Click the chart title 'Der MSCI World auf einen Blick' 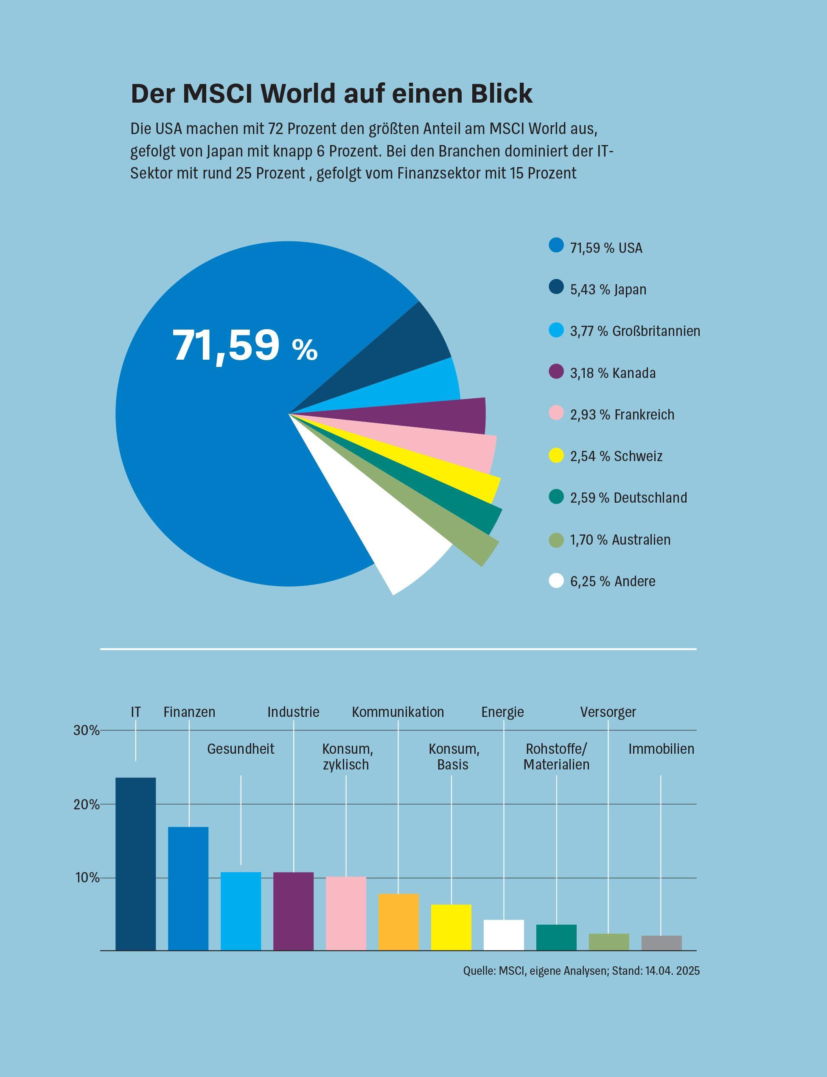click(331, 93)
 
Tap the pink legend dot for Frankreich click(556, 414)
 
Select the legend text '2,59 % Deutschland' click(628, 498)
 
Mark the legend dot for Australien click(556, 539)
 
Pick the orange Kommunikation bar click(398, 922)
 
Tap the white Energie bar click(504, 935)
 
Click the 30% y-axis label click(86, 730)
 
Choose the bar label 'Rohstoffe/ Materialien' click(556, 757)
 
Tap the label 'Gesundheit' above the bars click(240, 749)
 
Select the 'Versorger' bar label click(608, 712)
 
